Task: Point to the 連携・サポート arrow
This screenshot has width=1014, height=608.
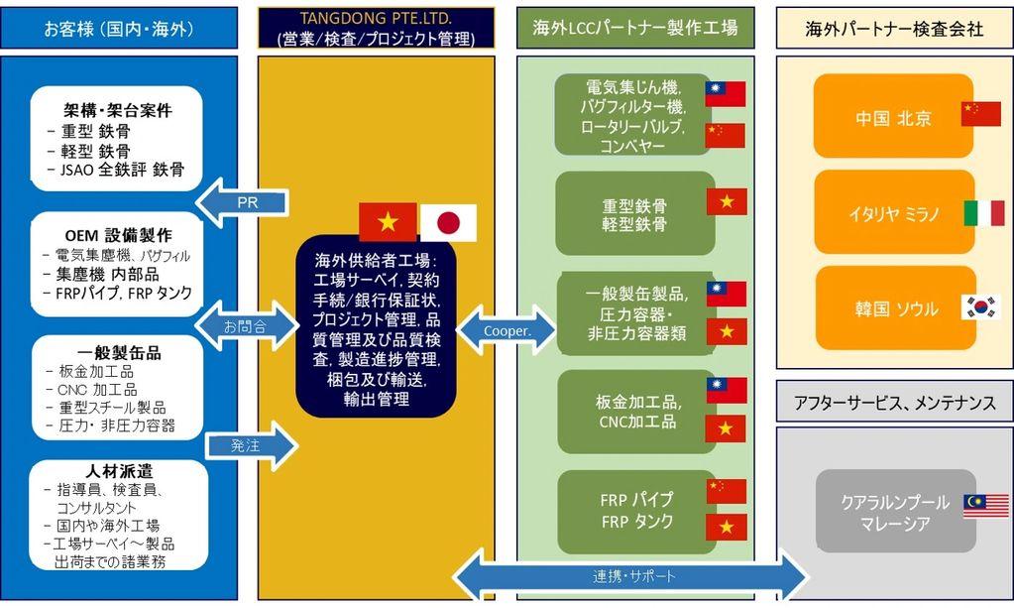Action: (x=630, y=574)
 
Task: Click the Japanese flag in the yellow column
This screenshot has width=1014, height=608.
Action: (x=448, y=222)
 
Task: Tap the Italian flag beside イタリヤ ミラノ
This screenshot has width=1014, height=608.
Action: (x=983, y=213)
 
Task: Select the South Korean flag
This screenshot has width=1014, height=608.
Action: (x=980, y=307)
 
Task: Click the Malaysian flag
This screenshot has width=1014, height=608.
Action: (x=985, y=507)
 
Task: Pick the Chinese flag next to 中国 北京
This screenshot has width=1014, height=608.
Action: (x=980, y=115)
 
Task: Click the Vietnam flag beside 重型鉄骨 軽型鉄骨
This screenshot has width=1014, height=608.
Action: (x=726, y=202)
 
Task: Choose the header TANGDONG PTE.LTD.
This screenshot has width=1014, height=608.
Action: (x=376, y=28)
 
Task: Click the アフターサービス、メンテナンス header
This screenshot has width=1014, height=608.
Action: (x=895, y=402)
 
